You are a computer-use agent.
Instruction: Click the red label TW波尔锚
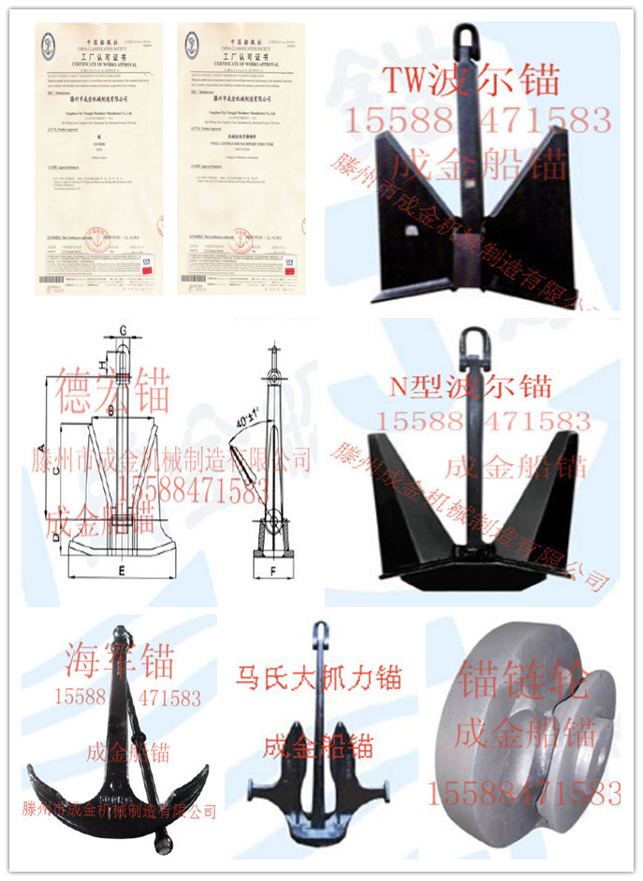[x=471, y=82]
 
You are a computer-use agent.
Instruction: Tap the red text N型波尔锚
[x=471, y=384]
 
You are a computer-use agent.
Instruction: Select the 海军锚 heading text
[x=119, y=662]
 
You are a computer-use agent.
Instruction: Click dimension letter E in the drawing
[x=124, y=569]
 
